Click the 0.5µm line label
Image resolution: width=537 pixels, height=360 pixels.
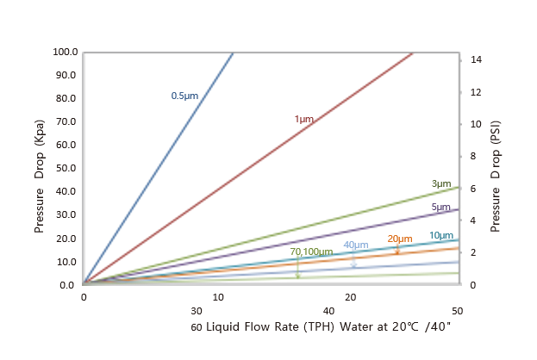pyautogui.click(x=184, y=96)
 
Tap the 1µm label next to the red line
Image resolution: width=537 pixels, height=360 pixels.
pyautogui.click(x=304, y=119)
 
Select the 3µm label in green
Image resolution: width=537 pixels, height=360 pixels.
pyautogui.click(x=440, y=184)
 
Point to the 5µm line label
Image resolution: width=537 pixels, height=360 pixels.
pyautogui.click(x=440, y=208)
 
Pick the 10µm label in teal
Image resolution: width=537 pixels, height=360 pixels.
pyautogui.click(x=440, y=235)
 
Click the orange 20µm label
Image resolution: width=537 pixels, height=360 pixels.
pyautogui.click(x=399, y=239)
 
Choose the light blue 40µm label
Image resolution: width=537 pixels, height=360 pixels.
pyautogui.click(x=355, y=245)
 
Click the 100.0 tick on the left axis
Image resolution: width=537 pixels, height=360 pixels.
pyautogui.click(x=66, y=52)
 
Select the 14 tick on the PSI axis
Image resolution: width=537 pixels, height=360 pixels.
pyautogui.click(x=476, y=60)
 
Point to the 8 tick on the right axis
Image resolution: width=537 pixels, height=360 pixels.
pyautogui.click(x=473, y=156)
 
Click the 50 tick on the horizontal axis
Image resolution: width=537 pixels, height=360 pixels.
pyautogui.click(x=457, y=310)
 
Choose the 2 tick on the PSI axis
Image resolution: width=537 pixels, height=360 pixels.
pyautogui.click(x=473, y=252)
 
